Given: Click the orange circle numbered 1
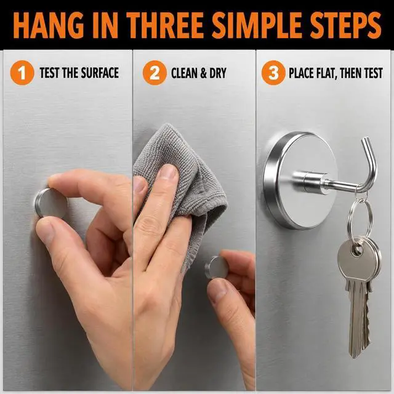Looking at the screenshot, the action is tap(22, 73).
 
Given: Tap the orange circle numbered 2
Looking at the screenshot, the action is tap(155, 73).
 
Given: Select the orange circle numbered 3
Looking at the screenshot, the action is tap(273, 73).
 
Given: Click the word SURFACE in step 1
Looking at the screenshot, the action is tap(100, 73).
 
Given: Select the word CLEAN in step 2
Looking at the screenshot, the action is tap(184, 73).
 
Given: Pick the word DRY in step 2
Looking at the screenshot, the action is tap(218, 73).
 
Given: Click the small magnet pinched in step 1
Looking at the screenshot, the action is tap(52, 203).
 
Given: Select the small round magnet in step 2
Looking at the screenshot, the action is tap(216, 267).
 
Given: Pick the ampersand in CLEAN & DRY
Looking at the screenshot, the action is tap(203, 73).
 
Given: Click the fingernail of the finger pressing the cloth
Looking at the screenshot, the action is tap(168, 172).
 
